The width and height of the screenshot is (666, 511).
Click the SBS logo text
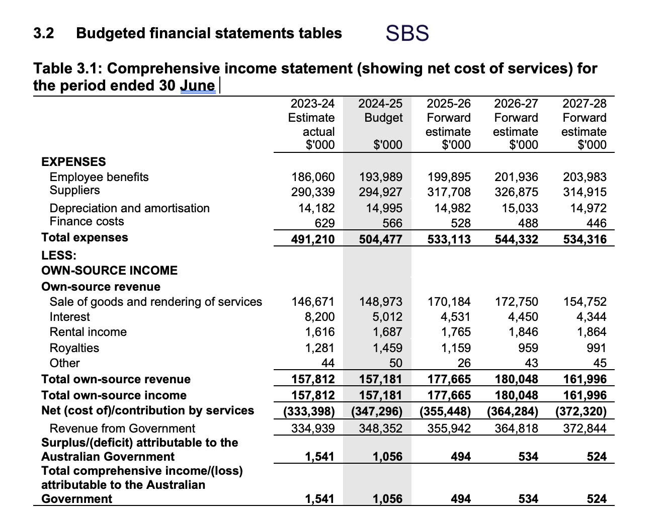[407, 33]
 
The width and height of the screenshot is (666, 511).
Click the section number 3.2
[44, 33]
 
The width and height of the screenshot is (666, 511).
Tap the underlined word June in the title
[198, 86]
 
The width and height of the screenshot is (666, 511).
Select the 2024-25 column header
[380, 124]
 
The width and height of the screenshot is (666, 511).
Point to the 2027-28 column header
[584, 124]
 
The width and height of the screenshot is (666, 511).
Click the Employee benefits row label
[99, 177]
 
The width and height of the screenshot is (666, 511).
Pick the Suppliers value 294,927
[380, 192]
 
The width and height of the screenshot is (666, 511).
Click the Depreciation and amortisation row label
[130, 208]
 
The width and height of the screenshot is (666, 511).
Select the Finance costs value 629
[324, 223]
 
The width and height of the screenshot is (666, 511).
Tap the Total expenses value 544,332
[517, 239]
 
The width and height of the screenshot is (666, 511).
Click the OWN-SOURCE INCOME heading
[110, 271]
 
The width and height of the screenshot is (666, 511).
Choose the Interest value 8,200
[319, 317]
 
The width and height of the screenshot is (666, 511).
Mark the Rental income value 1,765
[455, 332]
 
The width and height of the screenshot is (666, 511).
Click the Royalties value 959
[528, 348]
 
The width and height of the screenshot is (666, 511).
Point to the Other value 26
[464, 363]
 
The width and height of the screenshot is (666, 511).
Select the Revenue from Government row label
[122, 429]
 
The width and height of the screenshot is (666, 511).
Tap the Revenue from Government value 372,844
[585, 429]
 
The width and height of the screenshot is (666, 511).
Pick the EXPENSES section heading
[73, 162]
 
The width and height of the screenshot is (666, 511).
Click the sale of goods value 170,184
[449, 302]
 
